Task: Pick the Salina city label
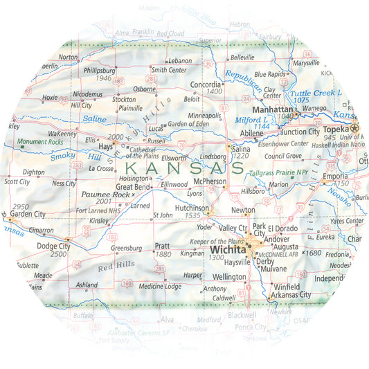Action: (240, 150)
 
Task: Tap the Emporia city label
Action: (337, 177)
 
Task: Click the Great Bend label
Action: (134, 187)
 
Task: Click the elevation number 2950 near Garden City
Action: (21, 206)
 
